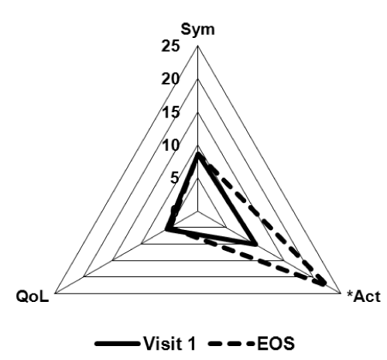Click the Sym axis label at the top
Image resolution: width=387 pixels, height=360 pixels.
pos(197,29)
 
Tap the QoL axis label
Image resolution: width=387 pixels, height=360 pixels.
pos(33,297)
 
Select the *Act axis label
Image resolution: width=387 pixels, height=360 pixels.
pos(364,297)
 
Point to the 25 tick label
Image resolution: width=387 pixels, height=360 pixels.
pos(170,46)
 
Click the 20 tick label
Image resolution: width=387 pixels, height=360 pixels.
pos(170,79)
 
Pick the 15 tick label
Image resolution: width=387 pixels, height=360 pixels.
pos(170,112)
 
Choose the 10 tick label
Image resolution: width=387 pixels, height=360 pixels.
pos(170,146)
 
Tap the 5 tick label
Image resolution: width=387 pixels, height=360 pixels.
pos(174,178)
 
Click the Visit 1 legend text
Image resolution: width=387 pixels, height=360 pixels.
pos(170,343)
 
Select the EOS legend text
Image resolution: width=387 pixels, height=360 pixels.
pos(276,343)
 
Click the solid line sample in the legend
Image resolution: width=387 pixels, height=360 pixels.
pos(118,344)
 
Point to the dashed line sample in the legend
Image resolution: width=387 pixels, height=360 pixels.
pos(231,344)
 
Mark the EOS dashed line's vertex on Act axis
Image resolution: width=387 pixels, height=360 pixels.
pos(323,283)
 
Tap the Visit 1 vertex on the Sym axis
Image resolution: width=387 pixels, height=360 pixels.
pos(198,155)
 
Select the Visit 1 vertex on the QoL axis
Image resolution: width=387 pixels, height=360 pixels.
pos(167,229)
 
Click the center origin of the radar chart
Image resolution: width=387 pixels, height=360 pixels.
pos(198,211)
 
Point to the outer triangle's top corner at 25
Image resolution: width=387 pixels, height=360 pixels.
pos(198,46)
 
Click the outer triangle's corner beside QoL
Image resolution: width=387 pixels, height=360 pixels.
pos(55,293)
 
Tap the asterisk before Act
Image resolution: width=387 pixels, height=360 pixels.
pos(350,293)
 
